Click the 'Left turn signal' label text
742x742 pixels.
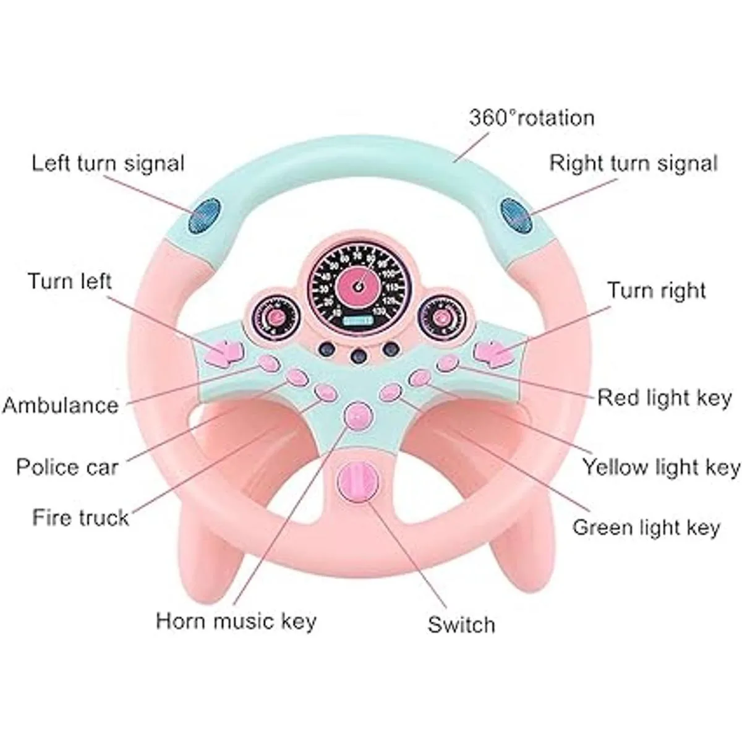pos(108,164)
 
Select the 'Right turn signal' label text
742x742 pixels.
pos(633,164)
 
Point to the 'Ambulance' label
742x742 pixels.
pos(60,406)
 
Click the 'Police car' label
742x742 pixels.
pos(67,467)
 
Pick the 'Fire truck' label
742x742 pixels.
pos(81,517)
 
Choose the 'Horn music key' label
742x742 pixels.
pos(236,620)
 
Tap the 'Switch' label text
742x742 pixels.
pos(461,625)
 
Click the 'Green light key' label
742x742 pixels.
pos(646,527)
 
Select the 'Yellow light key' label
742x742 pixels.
pos(661,467)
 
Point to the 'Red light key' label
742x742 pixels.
pos(664,398)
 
